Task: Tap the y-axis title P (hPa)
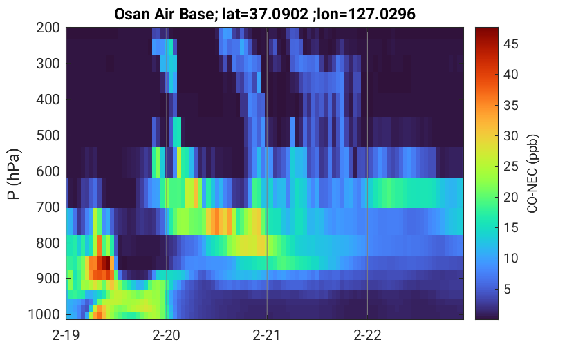(14, 174)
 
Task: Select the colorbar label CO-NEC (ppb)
(532, 173)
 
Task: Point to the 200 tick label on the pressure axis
(48, 28)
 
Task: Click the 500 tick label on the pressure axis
(48, 135)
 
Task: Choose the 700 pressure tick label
(48, 207)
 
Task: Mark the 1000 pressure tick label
(44, 314)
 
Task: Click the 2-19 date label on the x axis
(66, 335)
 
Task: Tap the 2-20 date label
(167, 335)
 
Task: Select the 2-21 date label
(267, 335)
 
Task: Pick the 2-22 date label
(367, 335)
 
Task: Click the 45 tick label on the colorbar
(510, 44)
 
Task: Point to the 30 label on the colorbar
(510, 136)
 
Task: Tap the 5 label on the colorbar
(508, 289)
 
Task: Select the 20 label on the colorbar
(510, 198)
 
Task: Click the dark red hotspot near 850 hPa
(105, 263)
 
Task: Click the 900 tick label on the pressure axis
(48, 278)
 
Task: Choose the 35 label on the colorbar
(510, 105)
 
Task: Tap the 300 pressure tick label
(48, 64)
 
